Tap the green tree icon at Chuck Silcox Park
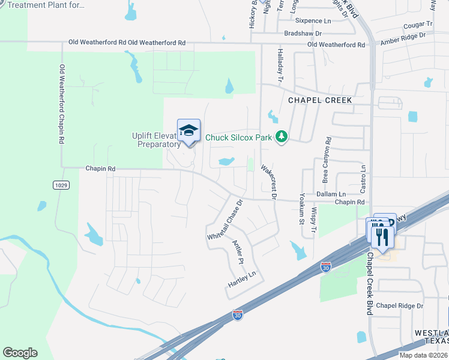[282, 137]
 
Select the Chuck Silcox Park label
[239, 137]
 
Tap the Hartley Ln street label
[242, 278]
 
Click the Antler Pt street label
[238, 253]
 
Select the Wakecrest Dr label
[268, 182]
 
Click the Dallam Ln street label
[332, 194]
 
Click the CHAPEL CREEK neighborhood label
[319, 100]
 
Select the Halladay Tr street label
[280, 65]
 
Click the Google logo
[20, 353]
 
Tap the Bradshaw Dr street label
[303, 34]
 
